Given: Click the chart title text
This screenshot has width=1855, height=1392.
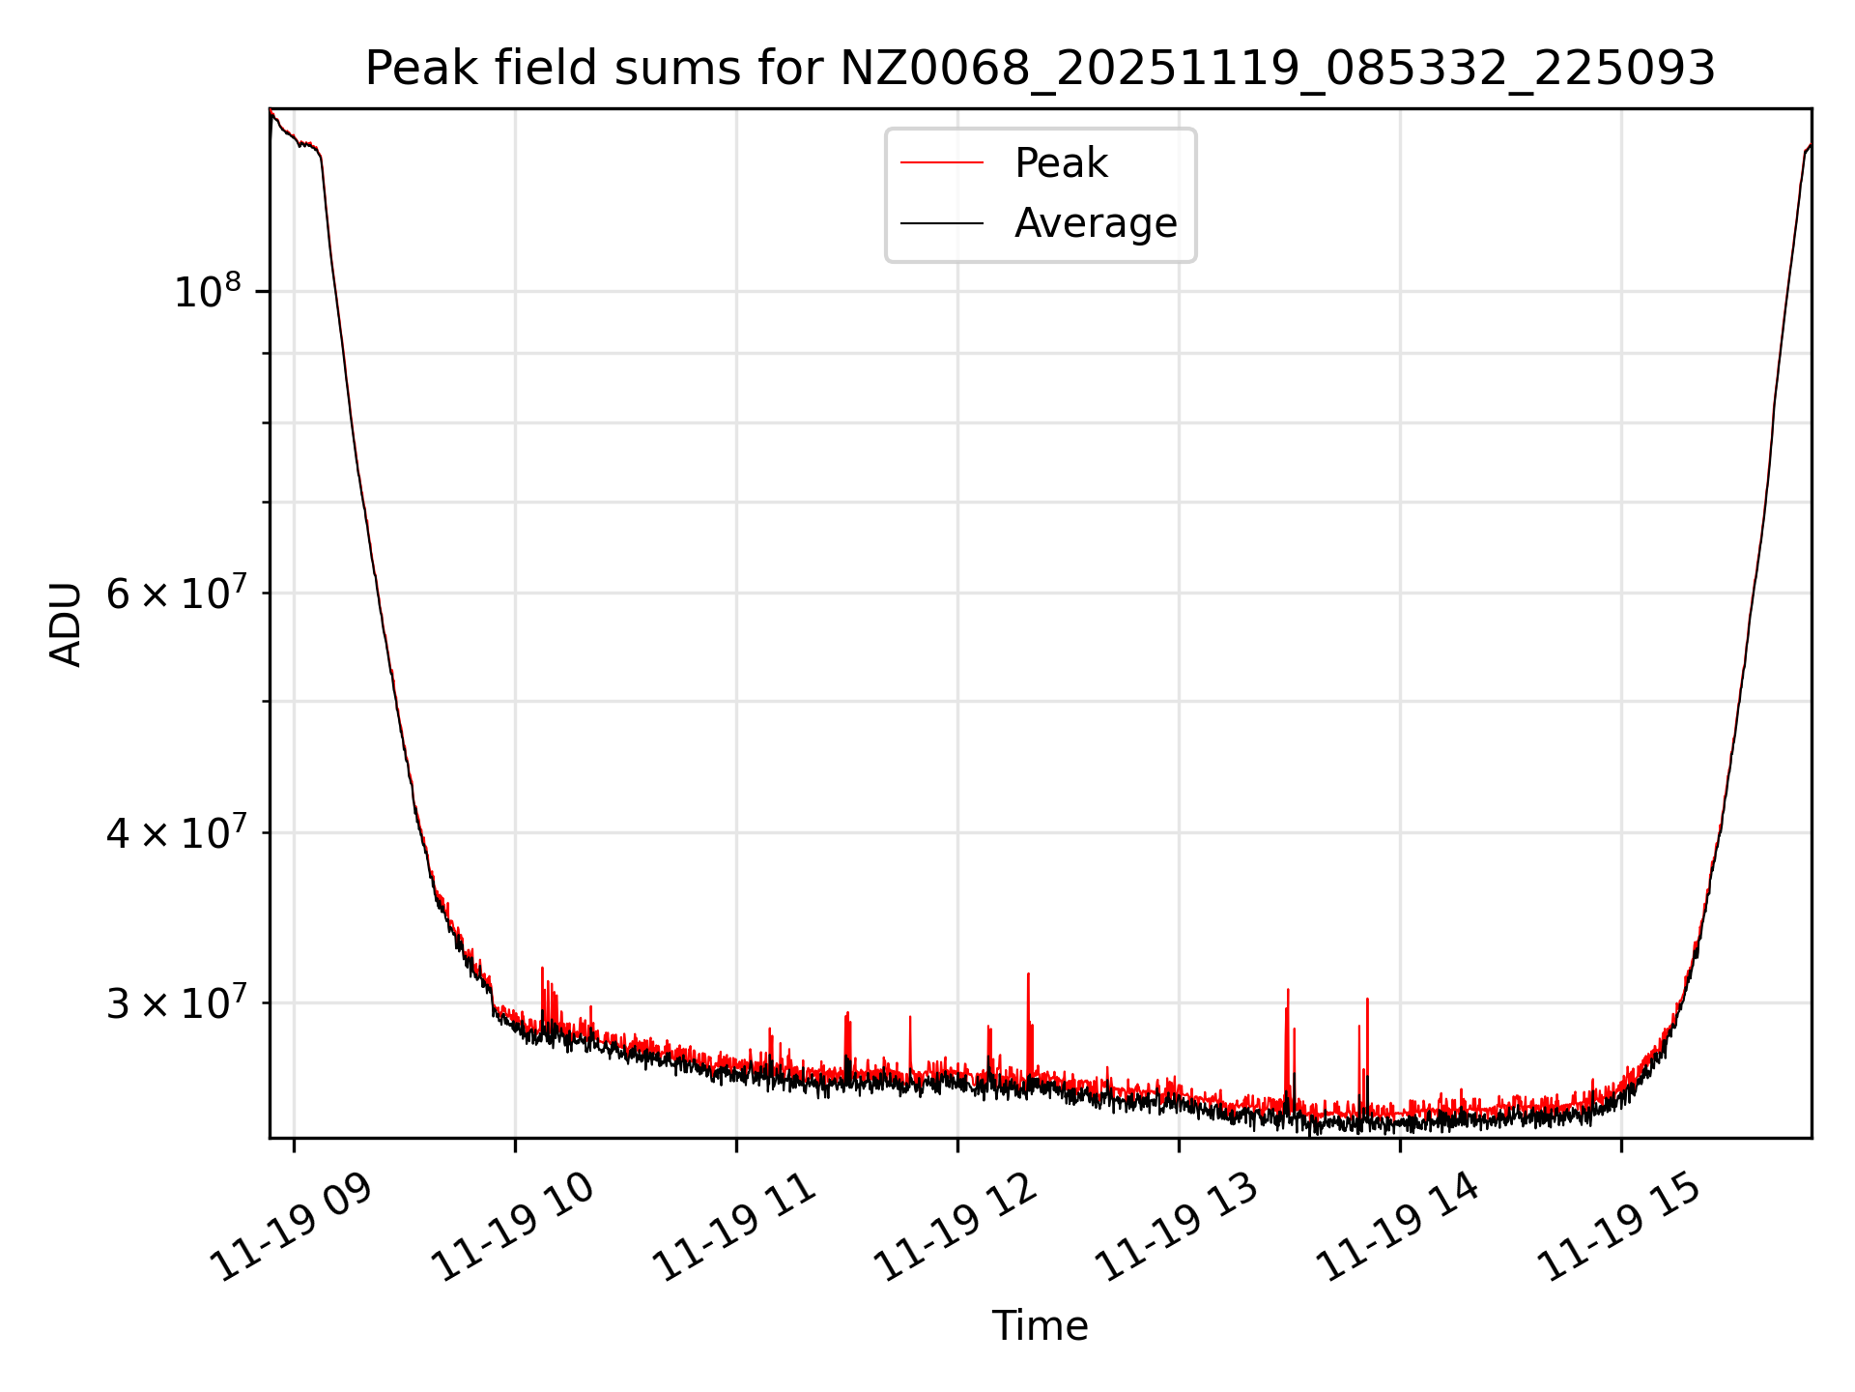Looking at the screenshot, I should pos(1040,69).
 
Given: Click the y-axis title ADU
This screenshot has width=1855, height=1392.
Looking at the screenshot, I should pos(66,623).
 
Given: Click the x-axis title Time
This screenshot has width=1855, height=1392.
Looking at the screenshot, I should pos(1040,1326).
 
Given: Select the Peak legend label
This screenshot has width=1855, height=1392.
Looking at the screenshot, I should pos(1061,163).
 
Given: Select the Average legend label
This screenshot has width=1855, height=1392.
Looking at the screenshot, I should pos(1096,223).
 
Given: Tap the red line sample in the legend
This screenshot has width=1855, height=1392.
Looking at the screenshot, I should pos(942,163).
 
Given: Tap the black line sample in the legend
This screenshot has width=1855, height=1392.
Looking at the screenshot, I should pos(942,223).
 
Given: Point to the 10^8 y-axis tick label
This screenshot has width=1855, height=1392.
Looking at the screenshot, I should pos(207,291).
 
